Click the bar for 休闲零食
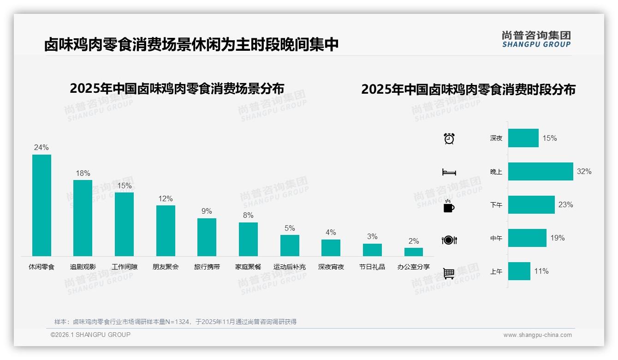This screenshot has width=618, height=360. pyautogui.click(x=42, y=205)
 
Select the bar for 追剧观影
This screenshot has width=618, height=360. pyautogui.click(x=83, y=218)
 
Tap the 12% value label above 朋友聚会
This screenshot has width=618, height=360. pyautogui.click(x=166, y=199)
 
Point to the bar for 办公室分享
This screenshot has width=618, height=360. pyautogui.click(x=414, y=252)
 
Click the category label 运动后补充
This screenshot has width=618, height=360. pyautogui.click(x=290, y=267)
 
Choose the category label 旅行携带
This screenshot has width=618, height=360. pyautogui.click(x=207, y=267)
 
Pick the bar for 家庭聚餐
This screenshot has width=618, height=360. pyautogui.click(x=248, y=239)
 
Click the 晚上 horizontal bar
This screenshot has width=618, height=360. pyautogui.click(x=541, y=171)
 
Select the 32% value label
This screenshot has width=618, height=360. pyautogui.click(x=584, y=171)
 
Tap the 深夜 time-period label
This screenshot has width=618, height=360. pyautogui.click(x=496, y=138)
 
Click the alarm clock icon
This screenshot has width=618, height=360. pyautogui.click(x=449, y=138)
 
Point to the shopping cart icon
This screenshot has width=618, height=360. pyautogui.click(x=449, y=273)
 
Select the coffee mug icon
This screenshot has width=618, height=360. pyautogui.click(x=449, y=206)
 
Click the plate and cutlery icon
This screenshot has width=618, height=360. pyautogui.click(x=449, y=240)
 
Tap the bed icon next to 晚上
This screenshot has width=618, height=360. pyautogui.click(x=449, y=172)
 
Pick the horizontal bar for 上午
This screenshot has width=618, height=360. pyautogui.click(x=519, y=271)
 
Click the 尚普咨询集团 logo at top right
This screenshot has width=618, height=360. pyautogui.click(x=536, y=39)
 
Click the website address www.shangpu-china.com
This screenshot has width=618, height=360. pyautogui.click(x=537, y=335)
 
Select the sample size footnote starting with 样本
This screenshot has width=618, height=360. pyautogui.click(x=175, y=322)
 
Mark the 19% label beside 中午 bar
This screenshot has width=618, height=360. pyautogui.click(x=557, y=238)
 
